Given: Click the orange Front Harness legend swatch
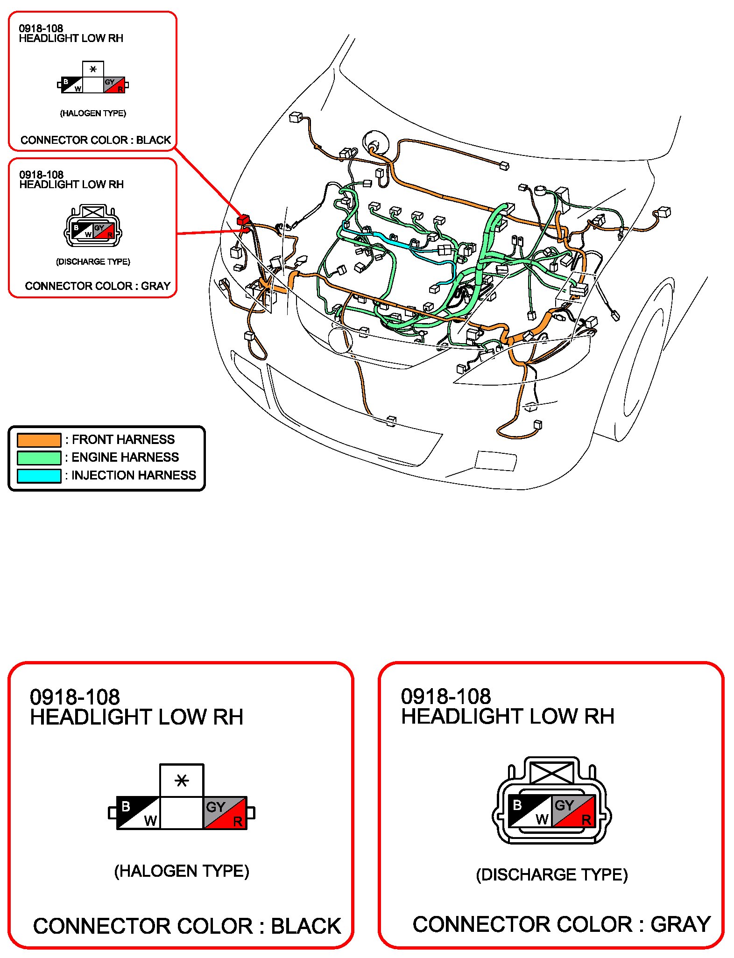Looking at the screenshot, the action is (x=39, y=440).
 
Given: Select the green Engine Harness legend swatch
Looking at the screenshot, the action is (x=39, y=458).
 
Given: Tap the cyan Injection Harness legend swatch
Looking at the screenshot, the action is (x=39, y=475).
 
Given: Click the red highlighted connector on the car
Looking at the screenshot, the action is (x=244, y=220).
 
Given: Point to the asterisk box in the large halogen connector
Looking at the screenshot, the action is (x=182, y=780).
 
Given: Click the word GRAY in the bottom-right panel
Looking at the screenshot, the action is (x=680, y=925).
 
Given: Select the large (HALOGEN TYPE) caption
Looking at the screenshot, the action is (x=182, y=871).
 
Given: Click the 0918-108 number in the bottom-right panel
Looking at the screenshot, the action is (x=446, y=697).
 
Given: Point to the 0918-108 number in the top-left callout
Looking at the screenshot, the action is (x=41, y=28).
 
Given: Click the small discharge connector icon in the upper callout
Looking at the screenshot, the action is (x=93, y=225).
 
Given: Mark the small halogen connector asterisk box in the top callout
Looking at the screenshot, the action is (x=93, y=69).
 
